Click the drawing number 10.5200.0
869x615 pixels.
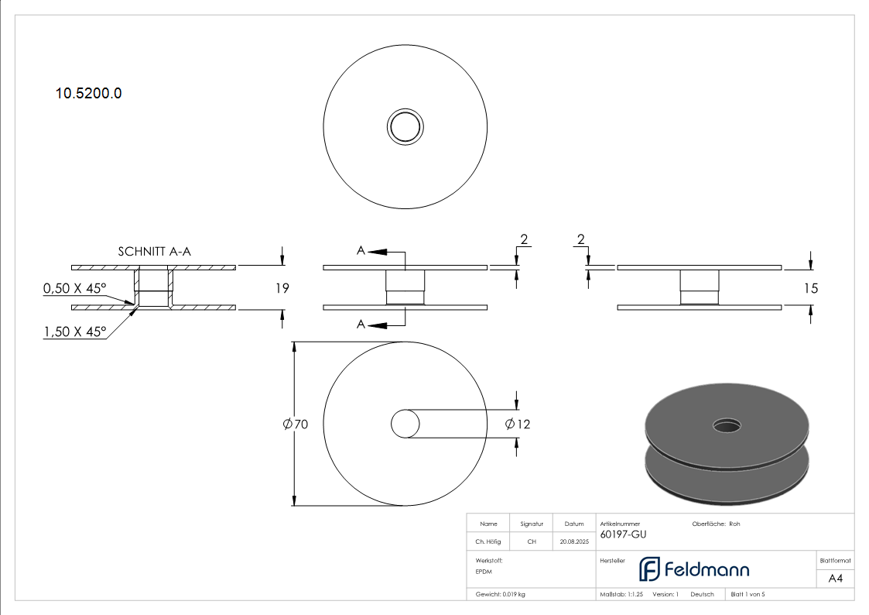(88, 93)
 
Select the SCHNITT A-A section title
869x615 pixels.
(154, 252)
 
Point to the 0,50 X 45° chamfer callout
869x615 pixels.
(74, 288)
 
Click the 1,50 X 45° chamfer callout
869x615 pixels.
(74, 332)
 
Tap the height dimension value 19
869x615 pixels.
(282, 288)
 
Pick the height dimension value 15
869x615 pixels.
(811, 288)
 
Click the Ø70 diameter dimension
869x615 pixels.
(296, 424)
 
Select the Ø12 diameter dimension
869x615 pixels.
(518, 424)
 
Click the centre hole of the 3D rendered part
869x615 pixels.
(727, 426)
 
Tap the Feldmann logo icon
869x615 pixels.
(649, 569)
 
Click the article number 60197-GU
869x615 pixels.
(623, 534)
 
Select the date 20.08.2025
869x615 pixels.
(574, 541)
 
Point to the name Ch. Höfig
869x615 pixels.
(488, 541)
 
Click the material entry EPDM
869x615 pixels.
(484, 572)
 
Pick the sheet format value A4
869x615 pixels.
(835, 579)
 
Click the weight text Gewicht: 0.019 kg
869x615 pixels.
(500, 595)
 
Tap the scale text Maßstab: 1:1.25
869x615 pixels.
(621, 595)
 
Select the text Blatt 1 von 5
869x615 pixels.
(748, 595)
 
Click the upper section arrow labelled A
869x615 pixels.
(377, 252)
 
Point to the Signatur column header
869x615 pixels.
(532, 524)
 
